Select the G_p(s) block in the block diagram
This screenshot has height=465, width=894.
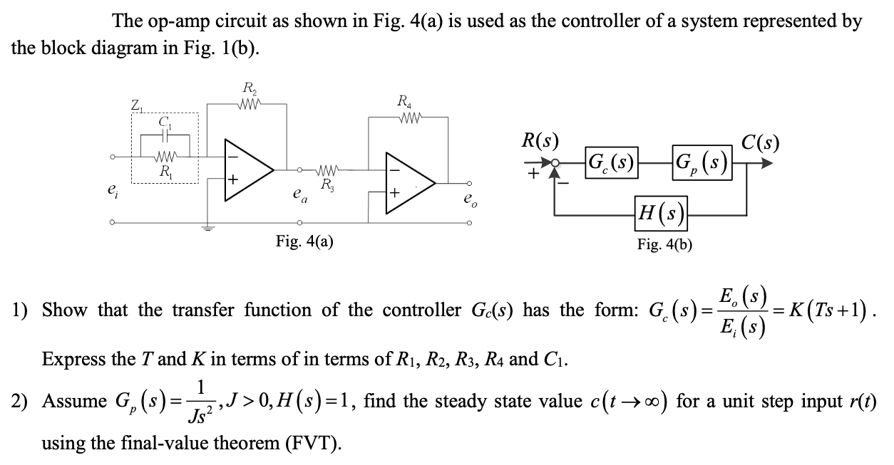pos(703,162)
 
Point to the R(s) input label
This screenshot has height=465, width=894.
pos(540,139)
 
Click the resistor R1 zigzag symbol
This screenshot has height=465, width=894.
pos(165,155)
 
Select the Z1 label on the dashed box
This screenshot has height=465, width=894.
pos(136,106)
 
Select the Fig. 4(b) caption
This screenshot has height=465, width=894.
pos(664,244)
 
